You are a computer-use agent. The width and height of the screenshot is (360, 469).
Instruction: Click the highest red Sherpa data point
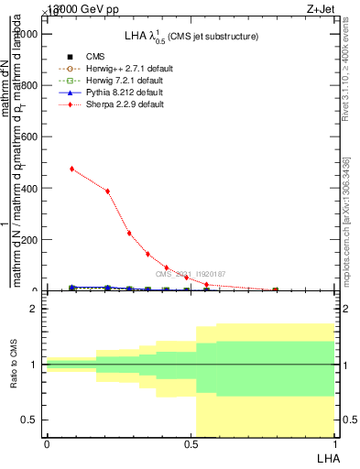71,169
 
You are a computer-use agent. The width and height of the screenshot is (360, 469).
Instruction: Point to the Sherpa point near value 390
108,191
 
